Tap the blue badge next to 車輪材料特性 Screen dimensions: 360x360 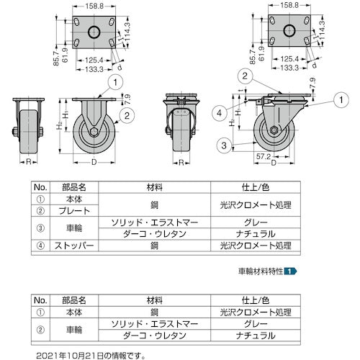coord(289,272)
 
